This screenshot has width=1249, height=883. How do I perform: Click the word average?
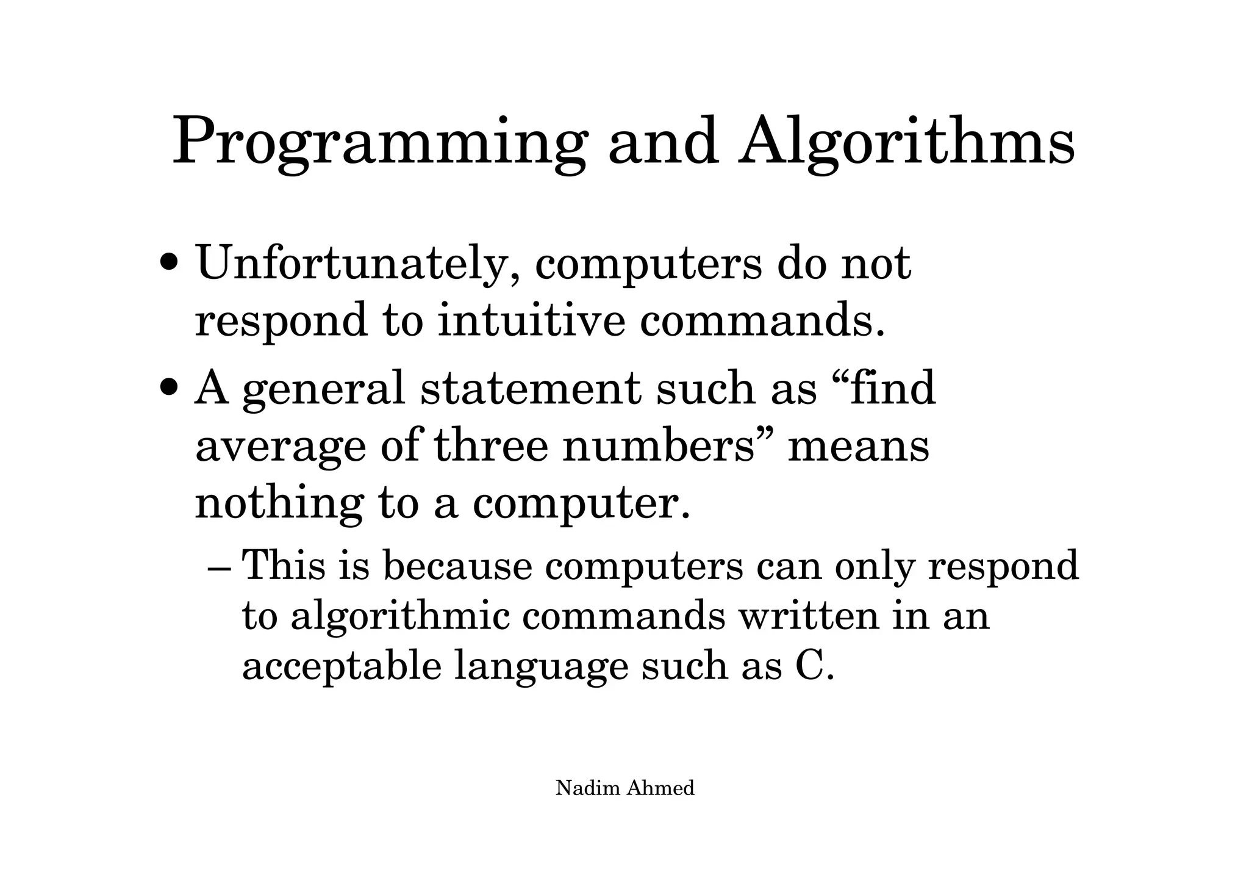[279, 447]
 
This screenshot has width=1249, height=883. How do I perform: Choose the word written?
[809, 616]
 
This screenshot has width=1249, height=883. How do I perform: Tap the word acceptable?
[342, 666]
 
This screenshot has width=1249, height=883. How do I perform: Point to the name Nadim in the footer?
[587, 788]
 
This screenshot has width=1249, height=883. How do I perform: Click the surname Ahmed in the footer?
[660, 788]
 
